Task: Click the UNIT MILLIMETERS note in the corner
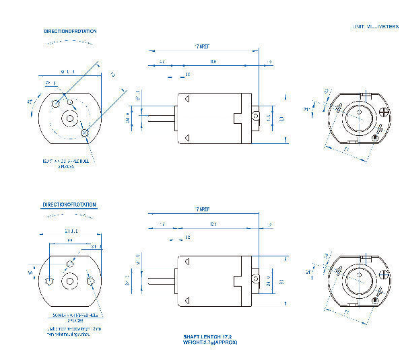(375, 26)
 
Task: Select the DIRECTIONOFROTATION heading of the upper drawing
(70, 31)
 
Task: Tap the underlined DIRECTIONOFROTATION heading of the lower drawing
(69, 204)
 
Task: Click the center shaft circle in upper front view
(69, 118)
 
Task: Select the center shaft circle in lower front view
(69, 279)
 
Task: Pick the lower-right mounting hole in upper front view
(85, 133)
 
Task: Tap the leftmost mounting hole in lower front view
(50, 279)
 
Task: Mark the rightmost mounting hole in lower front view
(92, 279)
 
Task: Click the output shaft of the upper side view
(161, 118)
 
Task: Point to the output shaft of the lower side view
(161, 279)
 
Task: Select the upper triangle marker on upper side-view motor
(188, 98)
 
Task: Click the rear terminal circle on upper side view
(256, 117)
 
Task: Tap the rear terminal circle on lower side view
(256, 278)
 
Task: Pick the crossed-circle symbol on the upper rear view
(384, 112)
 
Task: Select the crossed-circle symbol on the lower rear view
(384, 274)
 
